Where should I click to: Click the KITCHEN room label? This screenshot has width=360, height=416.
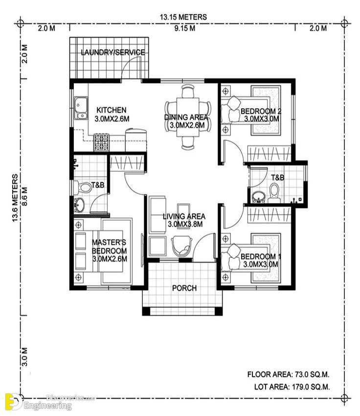point(112,110)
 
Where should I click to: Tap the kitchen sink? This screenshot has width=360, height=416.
point(81,108)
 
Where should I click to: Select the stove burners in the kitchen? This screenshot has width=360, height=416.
point(101,142)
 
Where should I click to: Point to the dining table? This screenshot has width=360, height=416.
point(188,117)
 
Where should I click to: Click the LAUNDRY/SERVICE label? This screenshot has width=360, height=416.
point(113,52)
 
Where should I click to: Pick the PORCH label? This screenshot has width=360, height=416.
point(184,288)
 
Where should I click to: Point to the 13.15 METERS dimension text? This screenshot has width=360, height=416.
point(183,17)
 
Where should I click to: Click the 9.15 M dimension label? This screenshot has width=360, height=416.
point(185,28)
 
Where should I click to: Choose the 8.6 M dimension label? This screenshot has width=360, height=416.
point(24,197)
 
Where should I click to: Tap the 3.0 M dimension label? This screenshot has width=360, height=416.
point(24,357)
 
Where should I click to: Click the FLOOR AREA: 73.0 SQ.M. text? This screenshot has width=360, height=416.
point(289,374)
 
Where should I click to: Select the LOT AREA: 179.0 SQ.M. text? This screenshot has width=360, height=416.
point(292,387)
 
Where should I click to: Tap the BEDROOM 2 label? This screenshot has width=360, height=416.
point(261,111)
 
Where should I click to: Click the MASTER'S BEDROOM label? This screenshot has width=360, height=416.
point(109,247)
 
